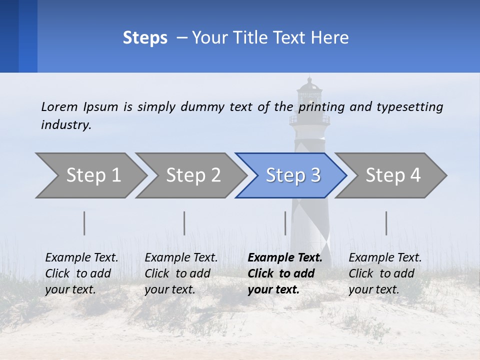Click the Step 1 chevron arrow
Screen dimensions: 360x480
pos(92,175)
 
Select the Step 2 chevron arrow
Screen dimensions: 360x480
pos(192,175)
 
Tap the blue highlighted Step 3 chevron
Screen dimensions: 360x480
pos(292,175)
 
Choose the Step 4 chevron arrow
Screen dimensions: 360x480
pos(392,175)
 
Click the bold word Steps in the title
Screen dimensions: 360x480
pos(145,38)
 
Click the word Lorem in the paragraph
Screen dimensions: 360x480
pos(59,106)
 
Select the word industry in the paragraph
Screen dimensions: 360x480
pos(66,125)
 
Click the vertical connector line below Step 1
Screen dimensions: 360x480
pos(84,223)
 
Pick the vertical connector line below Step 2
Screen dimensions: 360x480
pos(184,223)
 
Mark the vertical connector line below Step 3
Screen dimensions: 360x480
pos(285,223)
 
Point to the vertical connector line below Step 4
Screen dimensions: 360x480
pos(386,223)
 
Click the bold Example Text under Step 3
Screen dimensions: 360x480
pos(285,258)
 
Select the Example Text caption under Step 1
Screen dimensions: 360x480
pos(81,258)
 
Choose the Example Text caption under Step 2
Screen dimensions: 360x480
pos(181,258)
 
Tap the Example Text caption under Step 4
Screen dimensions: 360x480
pos(385,258)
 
